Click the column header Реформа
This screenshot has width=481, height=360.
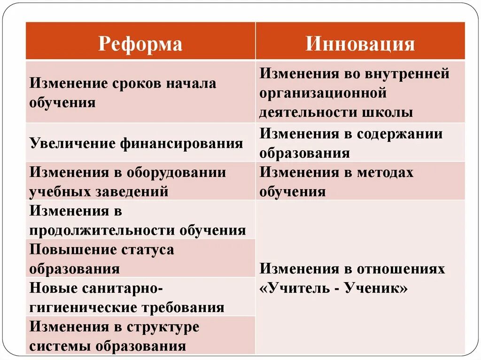click(x=140, y=44)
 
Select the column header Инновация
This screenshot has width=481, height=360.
click(x=360, y=44)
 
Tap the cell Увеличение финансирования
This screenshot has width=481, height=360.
click(x=136, y=143)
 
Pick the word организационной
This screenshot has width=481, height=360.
click(x=324, y=93)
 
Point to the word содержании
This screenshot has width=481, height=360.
click(x=399, y=134)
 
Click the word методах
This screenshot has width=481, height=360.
click(x=385, y=172)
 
